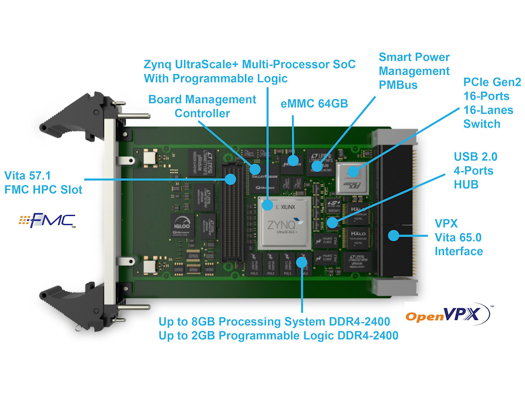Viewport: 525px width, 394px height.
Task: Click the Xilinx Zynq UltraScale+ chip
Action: [285, 223]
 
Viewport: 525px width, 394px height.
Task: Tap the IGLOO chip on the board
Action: [181, 225]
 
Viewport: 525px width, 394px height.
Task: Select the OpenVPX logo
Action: [446, 315]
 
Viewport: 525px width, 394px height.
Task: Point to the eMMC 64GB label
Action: [314, 104]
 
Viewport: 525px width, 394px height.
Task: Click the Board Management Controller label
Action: [202, 106]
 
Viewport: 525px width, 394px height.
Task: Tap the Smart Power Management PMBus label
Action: [414, 70]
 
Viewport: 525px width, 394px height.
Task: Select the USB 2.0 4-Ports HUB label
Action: [475, 170]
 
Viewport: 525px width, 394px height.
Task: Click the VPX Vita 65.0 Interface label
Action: [458, 238]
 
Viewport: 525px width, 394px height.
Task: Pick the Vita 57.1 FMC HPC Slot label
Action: [43, 183]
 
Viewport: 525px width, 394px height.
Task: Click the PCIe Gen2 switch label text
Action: [488, 103]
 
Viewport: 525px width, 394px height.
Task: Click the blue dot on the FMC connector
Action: [230, 179]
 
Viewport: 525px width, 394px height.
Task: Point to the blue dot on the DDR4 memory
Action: [301, 261]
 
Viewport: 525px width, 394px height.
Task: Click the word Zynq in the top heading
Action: [160, 64]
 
